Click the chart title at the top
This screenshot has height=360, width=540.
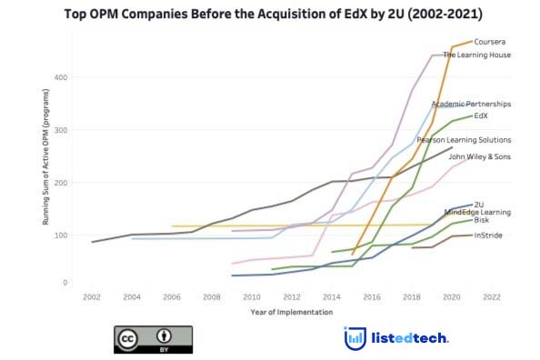click(274, 15)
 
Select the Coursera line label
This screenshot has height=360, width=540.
click(490, 41)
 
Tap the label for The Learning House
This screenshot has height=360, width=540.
click(476, 55)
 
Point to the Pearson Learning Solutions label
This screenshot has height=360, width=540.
click(464, 140)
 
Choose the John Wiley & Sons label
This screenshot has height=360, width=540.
click(479, 156)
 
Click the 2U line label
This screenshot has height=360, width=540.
click(479, 205)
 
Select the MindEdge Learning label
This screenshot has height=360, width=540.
click(477, 212)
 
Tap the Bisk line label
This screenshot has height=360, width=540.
click(481, 220)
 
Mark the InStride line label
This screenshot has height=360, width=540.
click(488, 235)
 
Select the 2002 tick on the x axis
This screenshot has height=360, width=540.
click(92, 297)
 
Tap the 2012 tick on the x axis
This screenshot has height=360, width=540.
click(292, 297)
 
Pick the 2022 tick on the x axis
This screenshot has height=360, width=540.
click(492, 297)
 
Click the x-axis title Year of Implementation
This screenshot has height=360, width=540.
click(291, 313)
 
